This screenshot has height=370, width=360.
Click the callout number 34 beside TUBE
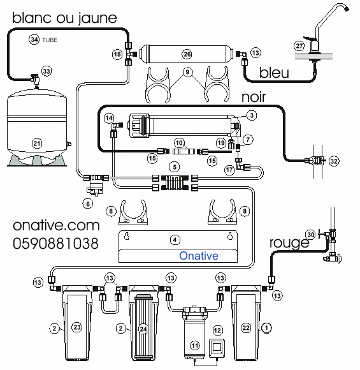(34, 40)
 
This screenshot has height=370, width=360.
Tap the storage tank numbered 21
(37, 128)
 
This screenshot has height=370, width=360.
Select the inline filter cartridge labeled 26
(187, 54)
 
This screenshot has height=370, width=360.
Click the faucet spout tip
(347, 9)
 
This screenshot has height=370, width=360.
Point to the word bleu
(274, 73)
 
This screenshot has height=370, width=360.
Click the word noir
(254, 97)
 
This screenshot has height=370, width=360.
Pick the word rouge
(289, 242)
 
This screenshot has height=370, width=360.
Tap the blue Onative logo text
(199, 256)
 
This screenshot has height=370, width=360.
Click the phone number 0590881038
(55, 243)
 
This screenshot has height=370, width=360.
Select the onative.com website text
(56, 225)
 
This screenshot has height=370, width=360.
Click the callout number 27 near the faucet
(299, 45)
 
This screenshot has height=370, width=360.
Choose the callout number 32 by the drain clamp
(334, 161)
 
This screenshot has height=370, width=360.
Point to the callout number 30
(311, 235)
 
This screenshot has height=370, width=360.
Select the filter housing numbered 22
(246, 323)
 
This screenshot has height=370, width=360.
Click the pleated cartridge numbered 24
(143, 327)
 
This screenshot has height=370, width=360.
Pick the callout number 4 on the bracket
(175, 240)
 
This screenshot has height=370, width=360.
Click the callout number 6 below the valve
(88, 204)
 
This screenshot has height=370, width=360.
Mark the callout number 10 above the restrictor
(179, 143)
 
